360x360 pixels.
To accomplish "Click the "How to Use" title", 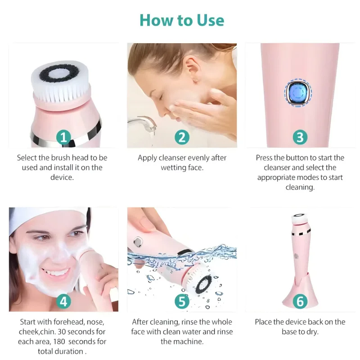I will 181,20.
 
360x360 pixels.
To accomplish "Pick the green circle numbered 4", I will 63,301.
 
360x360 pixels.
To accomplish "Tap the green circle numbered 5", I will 181,301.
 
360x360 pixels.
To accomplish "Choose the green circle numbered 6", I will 300,301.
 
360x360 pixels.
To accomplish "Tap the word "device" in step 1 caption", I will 62,177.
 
